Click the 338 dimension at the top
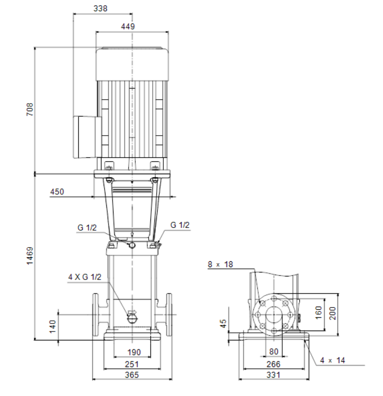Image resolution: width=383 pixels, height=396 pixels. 100,8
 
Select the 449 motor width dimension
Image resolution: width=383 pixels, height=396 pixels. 128,27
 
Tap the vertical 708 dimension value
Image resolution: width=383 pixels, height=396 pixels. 30,109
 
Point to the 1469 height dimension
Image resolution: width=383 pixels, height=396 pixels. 30,256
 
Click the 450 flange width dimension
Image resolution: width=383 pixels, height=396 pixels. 57,192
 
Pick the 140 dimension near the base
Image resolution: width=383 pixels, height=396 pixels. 53,327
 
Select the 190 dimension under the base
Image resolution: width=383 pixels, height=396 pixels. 134,352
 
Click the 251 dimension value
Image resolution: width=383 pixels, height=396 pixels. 132,364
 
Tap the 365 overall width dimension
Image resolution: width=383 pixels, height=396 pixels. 132,375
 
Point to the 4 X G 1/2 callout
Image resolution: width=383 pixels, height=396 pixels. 85,277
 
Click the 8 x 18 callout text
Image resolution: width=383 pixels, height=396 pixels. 220,264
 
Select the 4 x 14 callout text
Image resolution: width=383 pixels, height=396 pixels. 332,360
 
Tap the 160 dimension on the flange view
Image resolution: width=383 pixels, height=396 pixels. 318,312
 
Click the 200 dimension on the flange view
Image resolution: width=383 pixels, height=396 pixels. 332,313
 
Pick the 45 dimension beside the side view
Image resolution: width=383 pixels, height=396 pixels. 223,324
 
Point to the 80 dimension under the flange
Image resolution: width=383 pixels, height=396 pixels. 273,351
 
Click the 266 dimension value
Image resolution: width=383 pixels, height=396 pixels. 273,364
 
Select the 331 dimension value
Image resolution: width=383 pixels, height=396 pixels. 273,375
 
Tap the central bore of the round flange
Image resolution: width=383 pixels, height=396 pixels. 274,315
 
